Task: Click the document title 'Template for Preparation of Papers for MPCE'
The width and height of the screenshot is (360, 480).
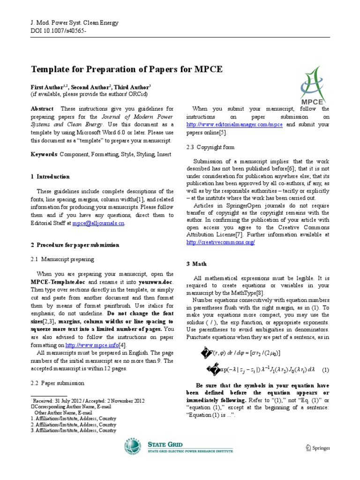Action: coord(126,70)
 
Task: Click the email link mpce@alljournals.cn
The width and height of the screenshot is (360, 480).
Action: coord(98,224)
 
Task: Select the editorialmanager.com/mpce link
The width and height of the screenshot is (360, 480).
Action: coord(235,125)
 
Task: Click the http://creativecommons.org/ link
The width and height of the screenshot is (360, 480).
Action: coord(220,242)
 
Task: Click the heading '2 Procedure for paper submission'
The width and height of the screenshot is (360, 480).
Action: coord(75,245)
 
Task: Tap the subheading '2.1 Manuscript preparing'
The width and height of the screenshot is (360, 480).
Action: coord(62,259)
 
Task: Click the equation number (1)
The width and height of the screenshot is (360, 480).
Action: coord(325,370)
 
